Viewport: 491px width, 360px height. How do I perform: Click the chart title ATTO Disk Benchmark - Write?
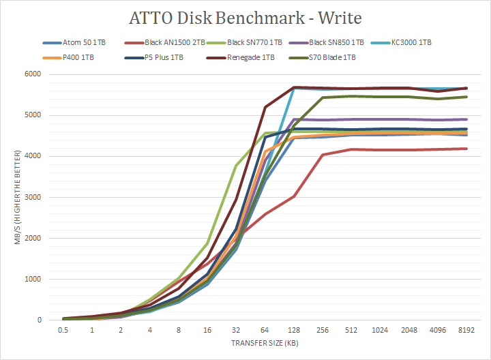245,16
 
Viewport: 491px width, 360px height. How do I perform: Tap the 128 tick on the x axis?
294,330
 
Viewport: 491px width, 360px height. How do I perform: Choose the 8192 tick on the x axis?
466,330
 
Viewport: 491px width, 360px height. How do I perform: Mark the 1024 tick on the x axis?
380,330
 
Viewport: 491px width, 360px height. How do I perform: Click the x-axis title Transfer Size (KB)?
265,344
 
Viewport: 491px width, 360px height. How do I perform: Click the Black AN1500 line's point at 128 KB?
294,196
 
